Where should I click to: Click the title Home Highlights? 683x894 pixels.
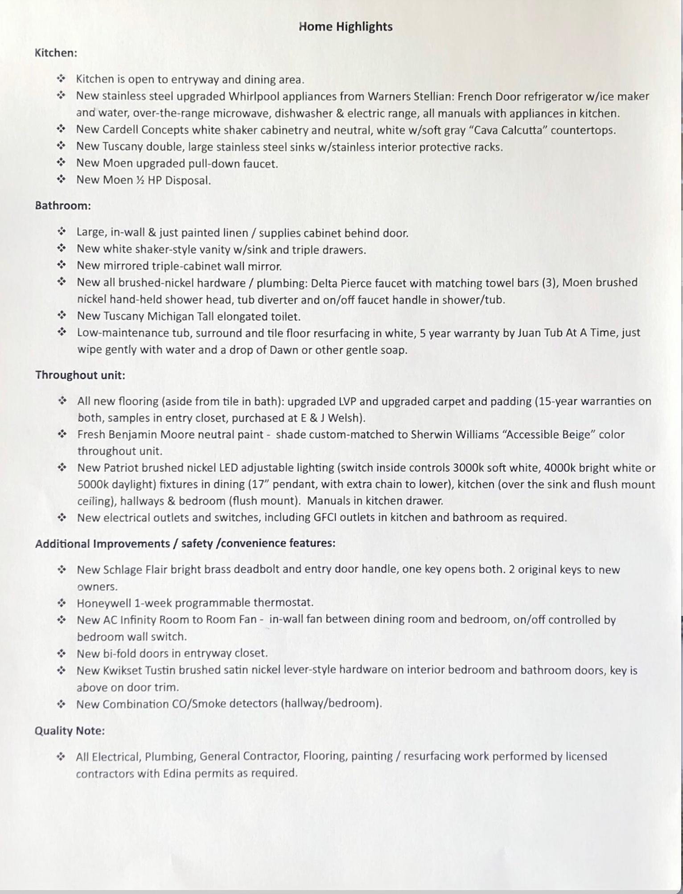pyautogui.click(x=346, y=27)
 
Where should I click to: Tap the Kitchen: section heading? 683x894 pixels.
pyautogui.click(x=56, y=53)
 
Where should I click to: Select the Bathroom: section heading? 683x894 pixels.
pyautogui.click(x=63, y=206)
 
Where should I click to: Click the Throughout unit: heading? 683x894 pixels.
pyautogui.click(x=80, y=375)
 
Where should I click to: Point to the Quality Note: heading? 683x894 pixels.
pyautogui.click(x=70, y=731)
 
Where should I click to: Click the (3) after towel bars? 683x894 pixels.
pyautogui.click(x=549, y=283)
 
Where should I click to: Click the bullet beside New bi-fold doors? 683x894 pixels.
pyautogui.click(x=62, y=653)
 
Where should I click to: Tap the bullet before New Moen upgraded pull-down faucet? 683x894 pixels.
pyautogui.click(x=62, y=163)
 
